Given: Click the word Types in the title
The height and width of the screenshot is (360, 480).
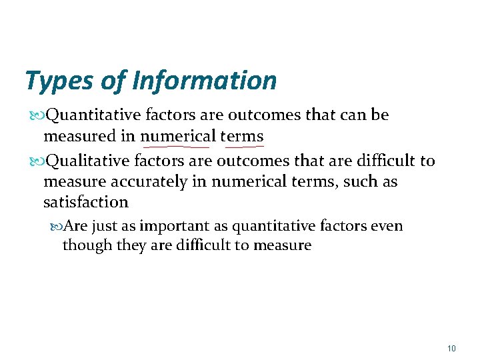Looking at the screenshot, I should coord(59,81).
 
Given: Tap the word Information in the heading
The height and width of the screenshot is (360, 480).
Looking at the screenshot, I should coord(205,81).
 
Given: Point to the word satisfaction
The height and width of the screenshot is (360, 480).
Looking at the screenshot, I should coord(85,201).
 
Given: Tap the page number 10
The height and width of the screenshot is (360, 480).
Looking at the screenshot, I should coord(451,349).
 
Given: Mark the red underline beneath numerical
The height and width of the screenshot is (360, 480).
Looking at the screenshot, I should coord(175,145).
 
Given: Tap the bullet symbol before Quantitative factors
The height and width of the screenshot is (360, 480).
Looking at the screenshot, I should coord(37,115).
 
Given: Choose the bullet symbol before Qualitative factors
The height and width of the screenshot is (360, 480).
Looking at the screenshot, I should coord(37,161).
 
